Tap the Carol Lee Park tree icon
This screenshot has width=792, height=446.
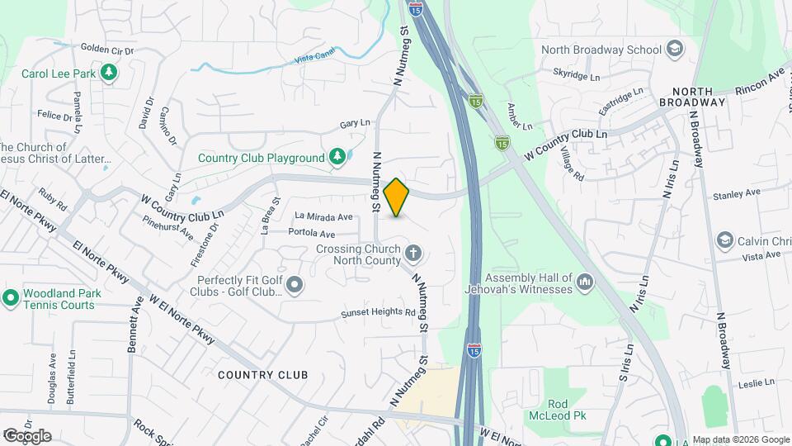pos(108,74)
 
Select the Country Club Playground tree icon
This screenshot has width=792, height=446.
pos(336,157)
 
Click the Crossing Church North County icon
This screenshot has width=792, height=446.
pos(412,253)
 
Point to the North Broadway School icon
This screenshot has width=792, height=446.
pos(675,49)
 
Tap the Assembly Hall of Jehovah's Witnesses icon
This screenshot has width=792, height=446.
pos(585,282)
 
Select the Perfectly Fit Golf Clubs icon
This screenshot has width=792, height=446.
pos(295,286)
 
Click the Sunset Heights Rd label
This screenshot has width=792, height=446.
pos(380,313)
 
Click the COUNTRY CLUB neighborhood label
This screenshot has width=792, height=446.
pos(263,375)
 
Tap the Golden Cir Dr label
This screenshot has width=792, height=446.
pos(107,50)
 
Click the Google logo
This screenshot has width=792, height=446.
pos(26,435)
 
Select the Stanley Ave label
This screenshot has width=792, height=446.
pos(737,196)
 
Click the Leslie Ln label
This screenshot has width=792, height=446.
pos(757,383)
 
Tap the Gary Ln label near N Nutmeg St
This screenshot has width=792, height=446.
pos(355,124)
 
